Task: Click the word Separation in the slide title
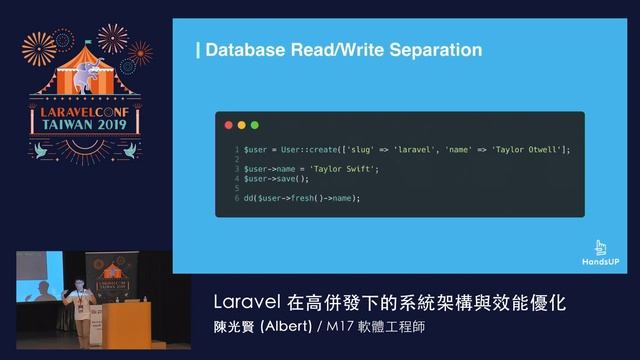click(437, 49)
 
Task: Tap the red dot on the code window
click(228, 125)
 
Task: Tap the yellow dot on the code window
click(241, 125)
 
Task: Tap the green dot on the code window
click(254, 125)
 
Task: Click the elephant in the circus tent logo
click(97, 70)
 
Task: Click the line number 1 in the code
click(236, 150)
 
